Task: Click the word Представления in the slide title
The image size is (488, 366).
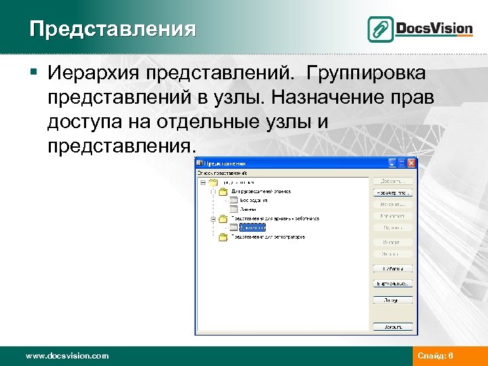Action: (113, 30)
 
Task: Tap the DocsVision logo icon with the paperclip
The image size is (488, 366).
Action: (381, 29)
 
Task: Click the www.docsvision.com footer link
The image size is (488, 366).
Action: (67, 355)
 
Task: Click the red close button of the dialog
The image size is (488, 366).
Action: (411, 163)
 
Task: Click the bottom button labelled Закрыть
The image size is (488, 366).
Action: (392, 326)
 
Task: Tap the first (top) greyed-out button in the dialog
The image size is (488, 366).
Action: (392, 181)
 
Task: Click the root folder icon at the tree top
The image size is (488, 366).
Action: (212, 182)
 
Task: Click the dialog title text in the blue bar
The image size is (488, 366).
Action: (224, 163)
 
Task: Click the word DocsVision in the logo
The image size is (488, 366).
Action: (434, 28)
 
